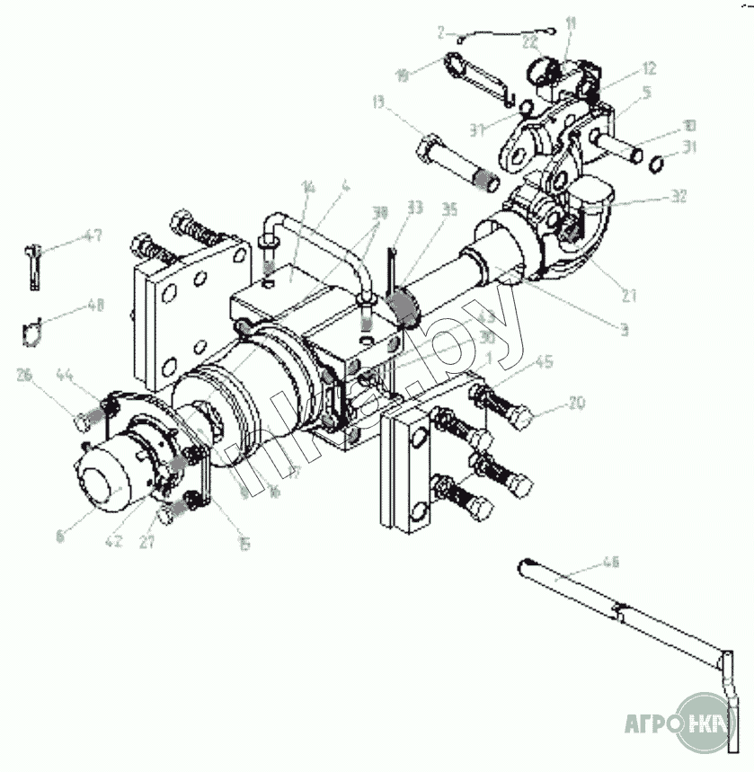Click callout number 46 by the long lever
610,563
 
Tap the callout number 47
92,236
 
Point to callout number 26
23,375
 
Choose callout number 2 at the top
441,31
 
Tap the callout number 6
60,537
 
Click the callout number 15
244,543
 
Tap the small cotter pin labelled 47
33,265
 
